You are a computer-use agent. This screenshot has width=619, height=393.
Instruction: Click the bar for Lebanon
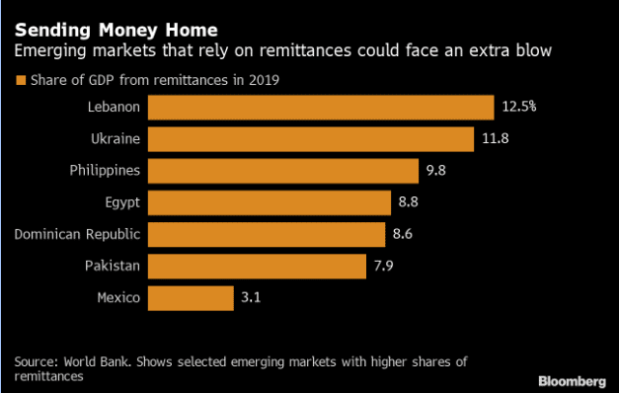pyautogui.click(x=321, y=108)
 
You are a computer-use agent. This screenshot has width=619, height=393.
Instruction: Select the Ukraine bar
pyautogui.click(x=311, y=139)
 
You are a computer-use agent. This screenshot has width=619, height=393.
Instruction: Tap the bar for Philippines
pyautogui.click(x=283, y=171)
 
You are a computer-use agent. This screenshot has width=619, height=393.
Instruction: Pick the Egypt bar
pyautogui.click(x=270, y=202)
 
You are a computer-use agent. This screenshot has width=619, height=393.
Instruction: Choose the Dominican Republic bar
pyautogui.click(x=267, y=235)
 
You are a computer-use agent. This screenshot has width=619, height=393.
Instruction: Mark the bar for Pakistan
pyautogui.click(x=257, y=267)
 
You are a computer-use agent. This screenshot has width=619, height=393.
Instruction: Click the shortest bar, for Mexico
pyautogui.click(x=191, y=298)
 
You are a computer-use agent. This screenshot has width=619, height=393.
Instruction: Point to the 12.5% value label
pyautogui.click(x=519, y=107)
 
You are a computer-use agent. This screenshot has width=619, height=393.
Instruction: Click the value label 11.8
pyautogui.click(x=496, y=138)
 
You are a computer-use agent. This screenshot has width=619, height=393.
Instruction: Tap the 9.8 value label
pyautogui.click(x=435, y=170)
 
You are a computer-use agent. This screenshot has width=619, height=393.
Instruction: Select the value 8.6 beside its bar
pyautogui.click(x=403, y=234)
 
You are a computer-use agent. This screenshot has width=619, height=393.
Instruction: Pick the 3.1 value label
pyautogui.click(x=251, y=297)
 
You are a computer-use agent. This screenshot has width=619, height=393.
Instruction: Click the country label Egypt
pyautogui.click(x=122, y=202)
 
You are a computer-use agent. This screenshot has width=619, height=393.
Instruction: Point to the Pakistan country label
pyautogui.click(x=113, y=266)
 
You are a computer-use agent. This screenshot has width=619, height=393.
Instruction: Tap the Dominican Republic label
pyautogui.click(x=77, y=234)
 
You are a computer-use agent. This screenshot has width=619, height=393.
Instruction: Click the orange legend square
pyautogui.click(x=21, y=80)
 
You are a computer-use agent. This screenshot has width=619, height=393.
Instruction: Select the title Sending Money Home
pyautogui.click(x=116, y=30)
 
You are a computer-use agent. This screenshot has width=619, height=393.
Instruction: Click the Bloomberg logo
pyautogui.click(x=572, y=381)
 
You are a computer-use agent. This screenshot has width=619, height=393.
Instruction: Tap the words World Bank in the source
pyautogui.click(x=97, y=361)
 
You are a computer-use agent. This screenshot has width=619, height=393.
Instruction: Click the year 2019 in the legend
pyautogui.click(x=264, y=80)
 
